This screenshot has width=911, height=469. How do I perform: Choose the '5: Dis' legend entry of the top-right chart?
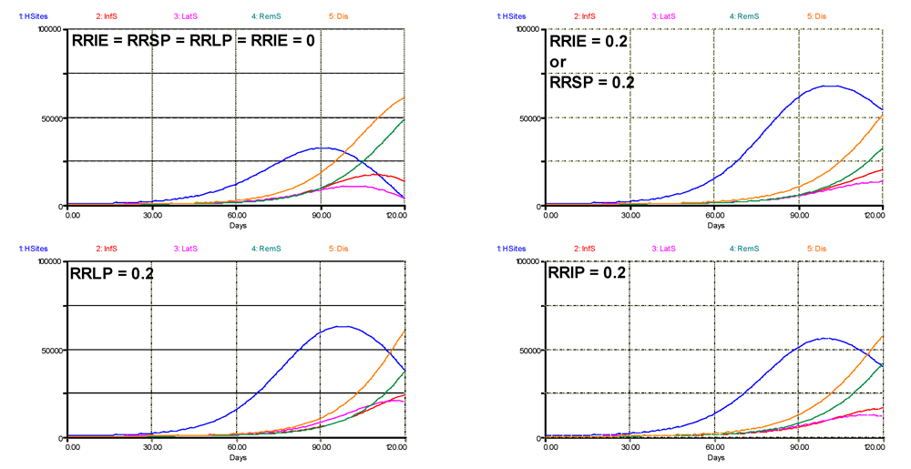[x=816, y=15]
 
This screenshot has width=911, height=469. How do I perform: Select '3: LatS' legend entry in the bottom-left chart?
[x=189, y=248]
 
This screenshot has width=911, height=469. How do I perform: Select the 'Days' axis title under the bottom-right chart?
[x=715, y=456]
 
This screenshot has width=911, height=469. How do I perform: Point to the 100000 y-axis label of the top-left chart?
[x=44, y=30]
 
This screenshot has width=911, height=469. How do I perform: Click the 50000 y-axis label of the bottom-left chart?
[x=46, y=351]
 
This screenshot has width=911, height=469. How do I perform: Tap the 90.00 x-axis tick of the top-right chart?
[x=799, y=215]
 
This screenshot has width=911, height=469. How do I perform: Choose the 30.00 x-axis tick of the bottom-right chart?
[x=630, y=448]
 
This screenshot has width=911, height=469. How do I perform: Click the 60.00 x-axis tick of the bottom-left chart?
[x=237, y=448]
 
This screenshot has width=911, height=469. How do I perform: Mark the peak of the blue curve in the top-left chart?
[x=323, y=148]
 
